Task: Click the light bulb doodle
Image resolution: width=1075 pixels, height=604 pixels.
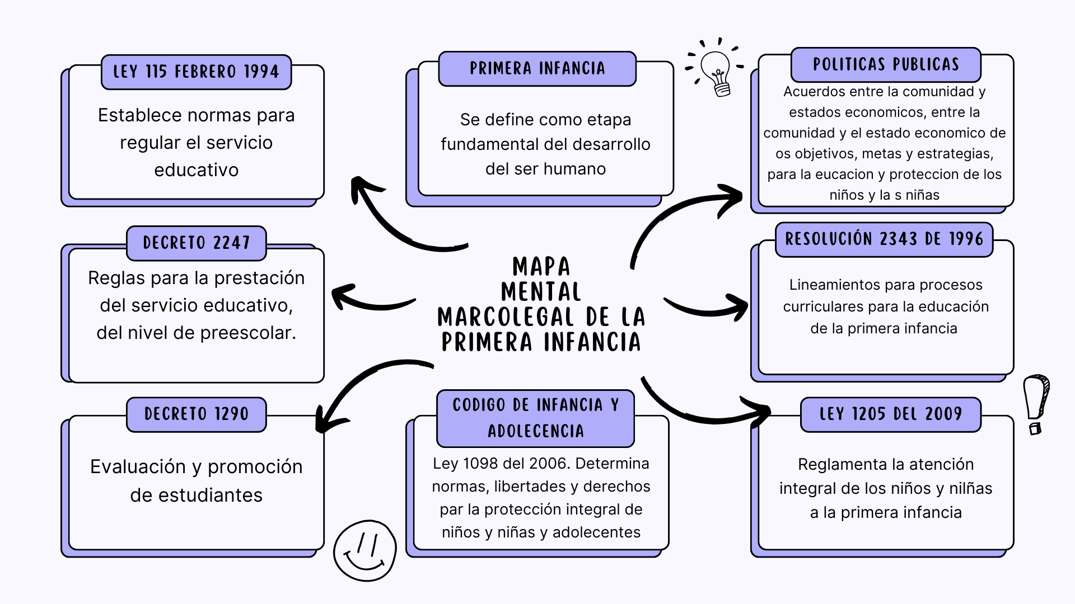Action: pos(716,69)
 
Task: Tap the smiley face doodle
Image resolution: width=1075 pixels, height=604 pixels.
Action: pos(365,551)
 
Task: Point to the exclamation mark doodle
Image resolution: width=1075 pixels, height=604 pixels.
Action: pos(1036,403)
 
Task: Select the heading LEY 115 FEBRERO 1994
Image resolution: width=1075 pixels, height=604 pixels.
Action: pos(196,72)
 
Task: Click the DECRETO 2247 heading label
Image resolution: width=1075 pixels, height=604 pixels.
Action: pos(196,243)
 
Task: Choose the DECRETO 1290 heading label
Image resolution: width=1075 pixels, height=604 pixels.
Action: pos(196,414)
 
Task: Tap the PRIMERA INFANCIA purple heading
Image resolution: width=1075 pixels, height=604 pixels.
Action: pos(537,69)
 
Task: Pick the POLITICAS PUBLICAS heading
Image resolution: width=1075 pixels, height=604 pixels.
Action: pos(886,65)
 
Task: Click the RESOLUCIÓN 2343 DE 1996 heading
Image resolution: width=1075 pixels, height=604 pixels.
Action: pos(884,239)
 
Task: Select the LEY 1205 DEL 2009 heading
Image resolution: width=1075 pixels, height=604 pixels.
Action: pos(890,414)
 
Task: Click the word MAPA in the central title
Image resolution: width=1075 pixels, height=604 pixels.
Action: pos(541,267)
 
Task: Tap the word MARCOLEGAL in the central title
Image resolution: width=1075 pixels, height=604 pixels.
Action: pos(506,317)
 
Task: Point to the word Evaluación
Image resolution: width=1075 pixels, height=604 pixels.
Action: pos(138,466)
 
